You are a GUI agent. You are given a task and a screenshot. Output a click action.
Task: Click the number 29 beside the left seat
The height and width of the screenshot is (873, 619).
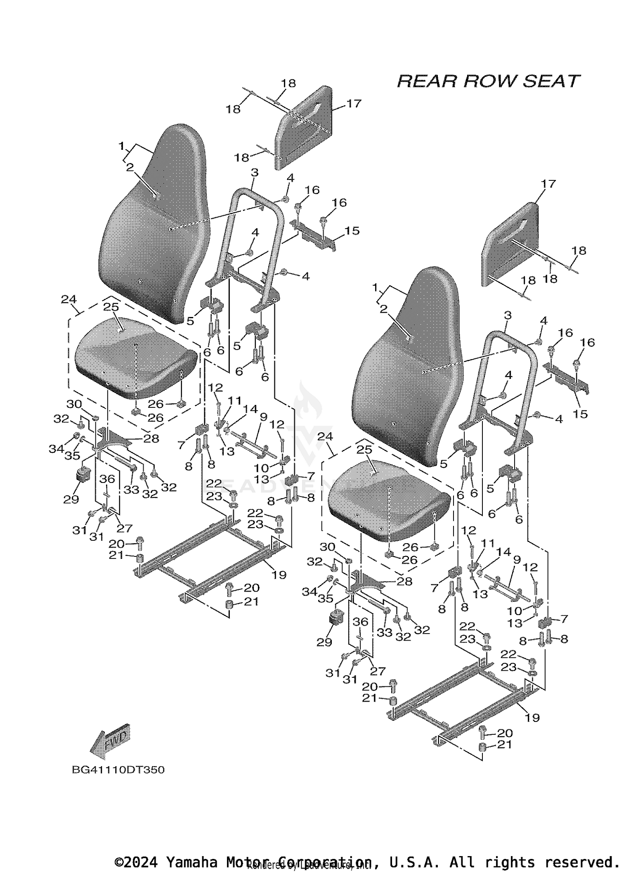[71, 499]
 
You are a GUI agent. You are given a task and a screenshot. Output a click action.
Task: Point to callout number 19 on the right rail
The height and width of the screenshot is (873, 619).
[532, 717]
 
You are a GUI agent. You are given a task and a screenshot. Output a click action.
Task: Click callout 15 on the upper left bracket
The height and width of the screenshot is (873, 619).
[352, 231]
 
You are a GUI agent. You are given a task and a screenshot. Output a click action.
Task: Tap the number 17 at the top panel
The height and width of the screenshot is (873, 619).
[354, 103]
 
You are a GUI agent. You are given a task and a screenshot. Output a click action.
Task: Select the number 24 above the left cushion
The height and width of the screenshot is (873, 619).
[69, 299]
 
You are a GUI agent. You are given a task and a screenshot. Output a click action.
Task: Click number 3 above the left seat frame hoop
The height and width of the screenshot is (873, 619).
[254, 173]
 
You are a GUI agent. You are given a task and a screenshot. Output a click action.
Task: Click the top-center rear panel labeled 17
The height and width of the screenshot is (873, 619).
[305, 128]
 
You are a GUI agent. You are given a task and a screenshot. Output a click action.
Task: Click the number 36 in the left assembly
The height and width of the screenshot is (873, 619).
[107, 479]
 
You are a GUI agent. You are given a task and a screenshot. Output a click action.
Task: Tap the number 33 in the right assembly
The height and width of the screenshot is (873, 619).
[384, 632]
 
